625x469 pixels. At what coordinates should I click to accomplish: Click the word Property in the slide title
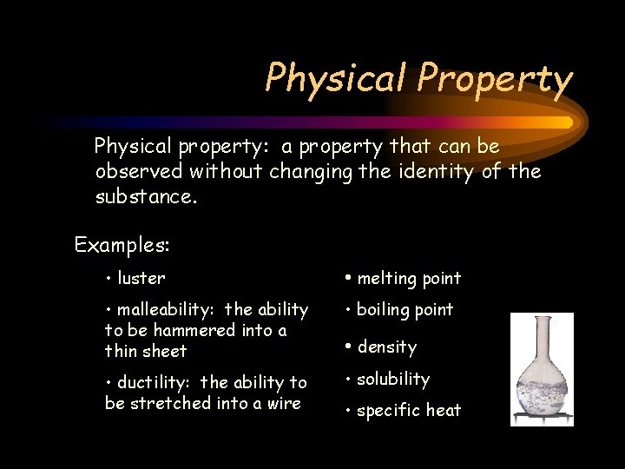(494, 79)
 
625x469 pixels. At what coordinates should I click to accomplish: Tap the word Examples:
(122, 245)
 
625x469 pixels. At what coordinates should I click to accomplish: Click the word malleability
(165, 309)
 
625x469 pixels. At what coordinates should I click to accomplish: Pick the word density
(387, 347)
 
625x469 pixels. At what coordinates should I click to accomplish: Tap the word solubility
(393, 379)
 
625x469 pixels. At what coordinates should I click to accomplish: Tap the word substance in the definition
(144, 196)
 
